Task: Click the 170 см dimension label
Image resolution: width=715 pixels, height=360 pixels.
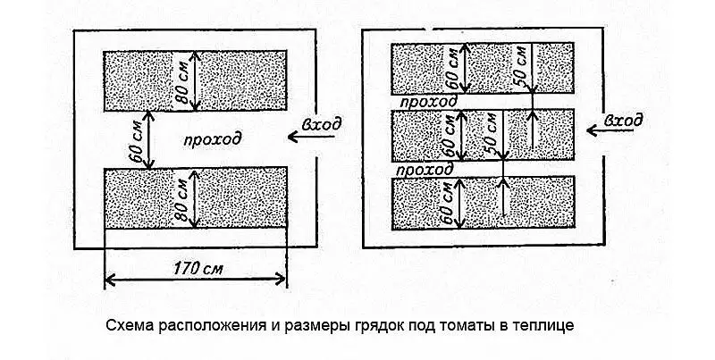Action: (x=198, y=269)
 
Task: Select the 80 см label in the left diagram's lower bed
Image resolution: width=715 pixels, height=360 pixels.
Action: (x=182, y=198)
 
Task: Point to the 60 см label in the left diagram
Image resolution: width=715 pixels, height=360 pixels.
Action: (x=137, y=141)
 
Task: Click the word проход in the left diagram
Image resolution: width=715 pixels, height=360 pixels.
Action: (x=213, y=139)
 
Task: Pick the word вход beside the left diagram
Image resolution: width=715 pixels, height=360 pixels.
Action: (x=322, y=123)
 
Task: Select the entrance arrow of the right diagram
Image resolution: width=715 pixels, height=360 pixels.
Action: (x=610, y=130)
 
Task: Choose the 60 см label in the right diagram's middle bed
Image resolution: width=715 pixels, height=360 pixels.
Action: (x=450, y=136)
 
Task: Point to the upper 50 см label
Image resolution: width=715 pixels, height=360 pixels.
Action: (x=520, y=66)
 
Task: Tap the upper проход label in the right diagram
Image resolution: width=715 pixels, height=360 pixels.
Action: (x=427, y=101)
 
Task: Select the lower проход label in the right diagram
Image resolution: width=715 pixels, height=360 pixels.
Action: (x=425, y=171)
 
